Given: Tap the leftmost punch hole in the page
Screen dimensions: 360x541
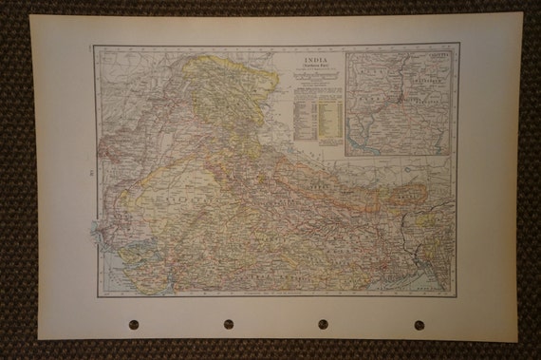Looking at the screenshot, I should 134,324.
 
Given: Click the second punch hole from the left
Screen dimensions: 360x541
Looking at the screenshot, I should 229,324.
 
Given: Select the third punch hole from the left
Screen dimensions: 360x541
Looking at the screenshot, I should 324,324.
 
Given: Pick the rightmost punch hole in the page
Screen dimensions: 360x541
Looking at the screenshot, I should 419,324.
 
